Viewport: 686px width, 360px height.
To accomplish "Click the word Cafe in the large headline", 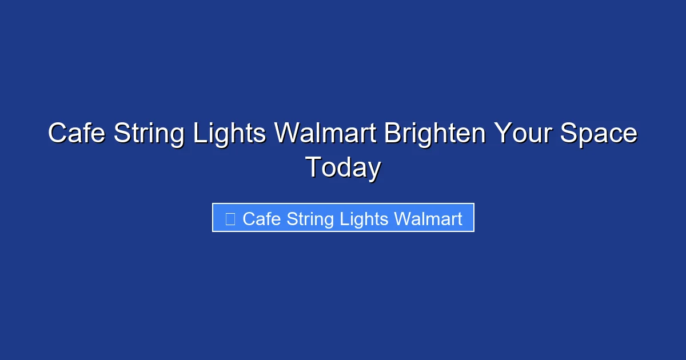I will [77, 134].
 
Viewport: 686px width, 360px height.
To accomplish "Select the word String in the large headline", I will [150, 134].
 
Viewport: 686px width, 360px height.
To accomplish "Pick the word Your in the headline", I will [521, 134].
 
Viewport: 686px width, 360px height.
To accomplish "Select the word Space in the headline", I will [599, 134].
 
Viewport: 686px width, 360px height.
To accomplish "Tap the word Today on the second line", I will [343, 168].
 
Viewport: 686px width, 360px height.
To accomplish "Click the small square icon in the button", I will [230, 219].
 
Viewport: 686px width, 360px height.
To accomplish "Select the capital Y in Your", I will [502, 134].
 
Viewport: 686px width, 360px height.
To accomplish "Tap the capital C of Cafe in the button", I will [248, 219].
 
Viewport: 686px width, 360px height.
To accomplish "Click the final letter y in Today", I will [374, 170].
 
